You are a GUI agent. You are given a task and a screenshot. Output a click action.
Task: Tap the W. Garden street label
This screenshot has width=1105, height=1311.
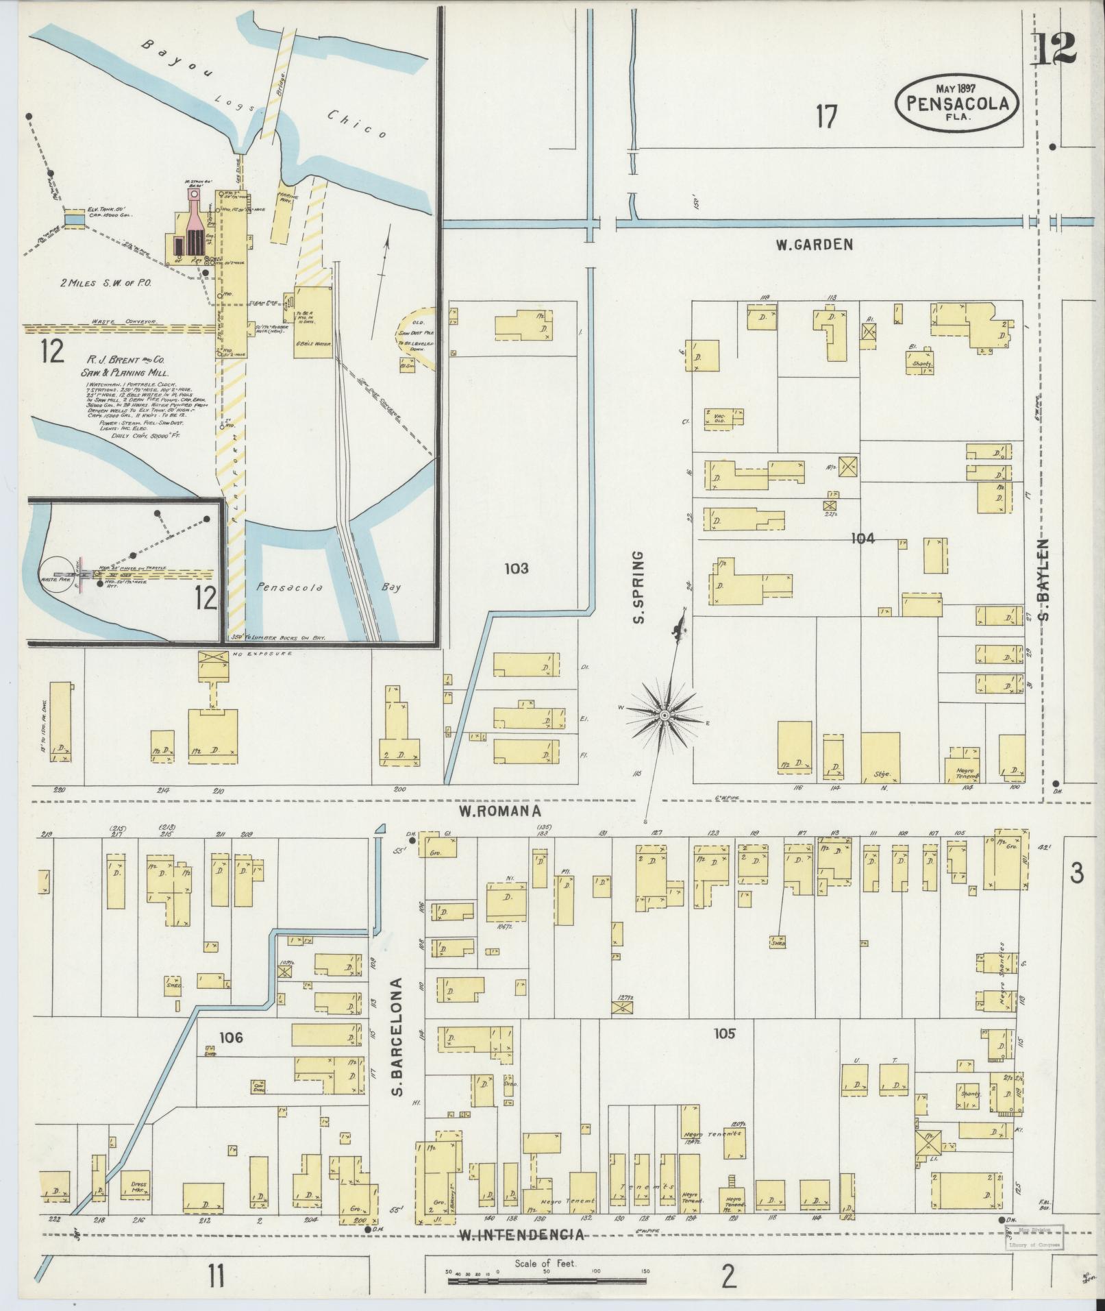(x=814, y=244)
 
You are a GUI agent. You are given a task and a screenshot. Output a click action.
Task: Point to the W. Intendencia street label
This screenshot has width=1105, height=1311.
(x=522, y=1235)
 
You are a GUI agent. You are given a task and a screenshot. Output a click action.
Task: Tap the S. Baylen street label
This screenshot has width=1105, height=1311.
(x=1044, y=579)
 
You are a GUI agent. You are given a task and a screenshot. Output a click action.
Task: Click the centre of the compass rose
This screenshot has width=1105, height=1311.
(x=664, y=715)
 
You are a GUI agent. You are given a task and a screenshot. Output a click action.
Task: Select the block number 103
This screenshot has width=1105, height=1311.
(x=516, y=568)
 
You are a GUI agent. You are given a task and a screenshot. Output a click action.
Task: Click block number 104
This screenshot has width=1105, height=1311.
(x=862, y=539)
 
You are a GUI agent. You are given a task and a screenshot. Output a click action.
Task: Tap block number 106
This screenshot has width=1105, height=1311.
(x=231, y=1057)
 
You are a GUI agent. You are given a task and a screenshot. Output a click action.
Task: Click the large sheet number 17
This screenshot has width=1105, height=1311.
(x=826, y=117)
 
